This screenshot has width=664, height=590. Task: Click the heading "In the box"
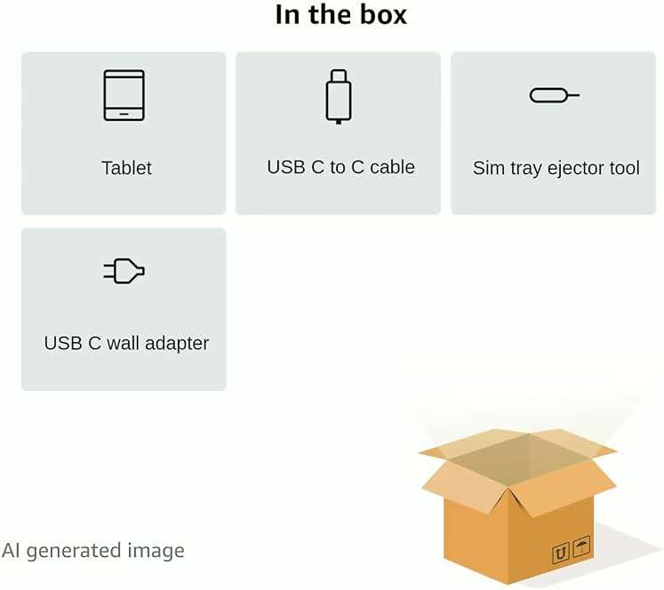pyautogui.click(x=341, y=15)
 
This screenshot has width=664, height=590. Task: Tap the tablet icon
pyautogui.click(x=124, y=95)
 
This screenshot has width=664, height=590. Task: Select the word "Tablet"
pyautogui.click(x=126, y=168)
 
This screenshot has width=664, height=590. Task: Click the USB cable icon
pyautogui.click(x=339, y=97)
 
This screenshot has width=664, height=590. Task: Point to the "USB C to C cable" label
pyautogui.click(x=341, y=167)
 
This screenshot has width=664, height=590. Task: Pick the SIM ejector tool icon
pyautogui.click(x=555, y=95)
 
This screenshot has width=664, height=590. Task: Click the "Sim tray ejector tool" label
pyautogui.click(x=556, y=168)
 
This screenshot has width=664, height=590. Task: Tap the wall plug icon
pyautogui.click(x=124, y=271)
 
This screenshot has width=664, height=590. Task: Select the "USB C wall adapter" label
pyautogui.click(x=126, y=343)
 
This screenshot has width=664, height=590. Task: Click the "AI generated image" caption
pyautogui.click(x=93, y=551)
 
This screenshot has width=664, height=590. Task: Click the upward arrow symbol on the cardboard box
pyautogui.click(x=561, y=553)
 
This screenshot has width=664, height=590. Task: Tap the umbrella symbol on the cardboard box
pyautogui.click(x=581, y=546)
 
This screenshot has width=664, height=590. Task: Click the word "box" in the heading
pyautogui.click(x=383, y=15)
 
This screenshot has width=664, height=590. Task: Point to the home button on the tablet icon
pyautogui.click(x=124, y=114)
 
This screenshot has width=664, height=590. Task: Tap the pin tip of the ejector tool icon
pyautogui.click(x=579, y=95)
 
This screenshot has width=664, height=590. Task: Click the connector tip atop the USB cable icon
pyautogui.click(x=339, y=76)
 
